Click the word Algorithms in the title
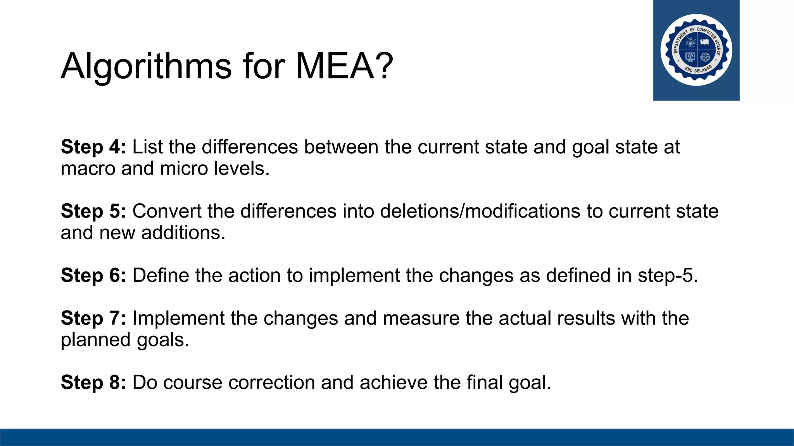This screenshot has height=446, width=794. click(146, 66)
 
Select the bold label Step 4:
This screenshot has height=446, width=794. click(93, 147)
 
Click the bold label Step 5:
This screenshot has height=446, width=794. click(93, 211)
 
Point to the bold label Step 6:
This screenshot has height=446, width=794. click(93, 276)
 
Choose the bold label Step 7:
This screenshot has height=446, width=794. click(93, 318)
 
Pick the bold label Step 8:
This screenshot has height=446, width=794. click(93, 383)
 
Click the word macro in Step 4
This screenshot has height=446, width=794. click(88, 169)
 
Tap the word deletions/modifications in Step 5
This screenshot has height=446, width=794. click(480, 211)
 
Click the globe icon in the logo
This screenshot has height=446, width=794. click(705, 57)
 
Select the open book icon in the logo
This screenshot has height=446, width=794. click(705, 42)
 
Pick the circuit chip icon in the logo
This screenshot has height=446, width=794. click(690, 42)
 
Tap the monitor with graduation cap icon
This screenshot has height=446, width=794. click(690, 57)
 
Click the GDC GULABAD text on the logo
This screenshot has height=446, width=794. click(698, 70)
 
